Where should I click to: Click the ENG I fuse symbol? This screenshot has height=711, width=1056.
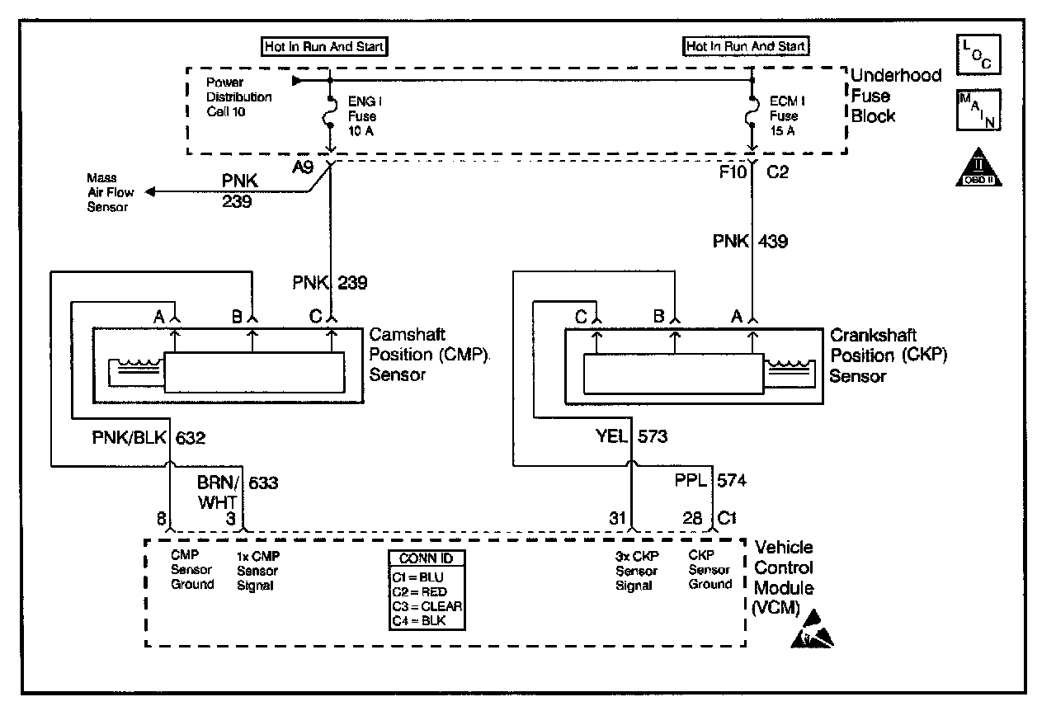click(x=330, y=112)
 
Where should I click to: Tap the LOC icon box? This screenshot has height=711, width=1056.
click(x=978, y=54)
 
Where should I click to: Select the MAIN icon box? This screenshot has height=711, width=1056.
click(x=978, y=110)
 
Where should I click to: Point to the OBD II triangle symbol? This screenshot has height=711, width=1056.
click(x=978, y=167)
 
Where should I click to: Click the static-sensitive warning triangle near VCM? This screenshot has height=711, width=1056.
click(x=812, y=629)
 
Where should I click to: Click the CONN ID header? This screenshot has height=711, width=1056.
click(x=427, y=558)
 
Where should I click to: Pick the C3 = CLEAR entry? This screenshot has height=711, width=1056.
click(x=427, y=606)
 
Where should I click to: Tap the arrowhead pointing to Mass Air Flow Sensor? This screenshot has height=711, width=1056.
click(x=150, y=191)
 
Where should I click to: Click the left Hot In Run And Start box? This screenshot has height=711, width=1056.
click(x=324, y=47)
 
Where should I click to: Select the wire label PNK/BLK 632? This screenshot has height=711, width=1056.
click(x=148, y=437)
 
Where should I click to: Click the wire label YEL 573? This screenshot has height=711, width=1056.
click(x=632, y=436)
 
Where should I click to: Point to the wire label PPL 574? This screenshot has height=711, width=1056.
click(x=710, y=480)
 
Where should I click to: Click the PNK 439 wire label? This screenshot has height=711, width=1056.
click(x=750, y=242)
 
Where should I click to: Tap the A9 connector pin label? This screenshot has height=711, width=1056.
click(x=303, y=167)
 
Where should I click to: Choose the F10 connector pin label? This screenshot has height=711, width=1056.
click(x=733, y=172)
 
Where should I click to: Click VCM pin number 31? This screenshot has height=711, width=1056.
click(x=617, y=518)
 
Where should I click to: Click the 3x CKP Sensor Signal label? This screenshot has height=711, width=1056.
click(x=637, y=571)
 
